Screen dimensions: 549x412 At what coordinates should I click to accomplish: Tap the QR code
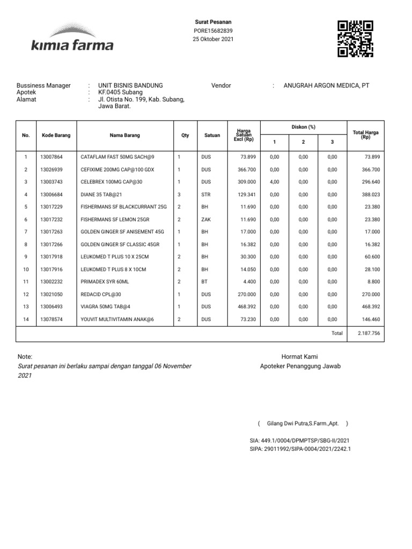tap(355, 38)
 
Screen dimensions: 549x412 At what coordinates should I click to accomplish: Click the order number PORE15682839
tap(213, 31)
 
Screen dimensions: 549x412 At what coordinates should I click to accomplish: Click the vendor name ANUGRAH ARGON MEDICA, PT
tap(326, 86)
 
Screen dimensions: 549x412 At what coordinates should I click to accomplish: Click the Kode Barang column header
tap(56, 136)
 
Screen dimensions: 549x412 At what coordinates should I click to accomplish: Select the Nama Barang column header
tap(124, 136)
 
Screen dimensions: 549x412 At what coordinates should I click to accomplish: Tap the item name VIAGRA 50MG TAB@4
tap(105, 307)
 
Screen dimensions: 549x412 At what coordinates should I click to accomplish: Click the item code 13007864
tap(51, 157)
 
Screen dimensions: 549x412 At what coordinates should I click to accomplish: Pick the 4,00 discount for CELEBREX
tap(274, 182)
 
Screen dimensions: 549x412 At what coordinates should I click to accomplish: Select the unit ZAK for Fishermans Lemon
tap(206, 219)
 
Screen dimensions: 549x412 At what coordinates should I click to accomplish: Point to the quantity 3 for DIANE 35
tap(179, 194)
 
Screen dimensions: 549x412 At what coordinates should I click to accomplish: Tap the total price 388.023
tap(371, 194)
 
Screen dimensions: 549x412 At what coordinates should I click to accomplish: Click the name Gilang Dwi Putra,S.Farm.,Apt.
tap(303, 424)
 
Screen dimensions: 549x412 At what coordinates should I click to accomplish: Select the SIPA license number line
tap(300, 448)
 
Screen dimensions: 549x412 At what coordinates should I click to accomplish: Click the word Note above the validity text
tap(25, 357)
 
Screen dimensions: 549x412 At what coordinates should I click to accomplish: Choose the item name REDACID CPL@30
tap(101, 294)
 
